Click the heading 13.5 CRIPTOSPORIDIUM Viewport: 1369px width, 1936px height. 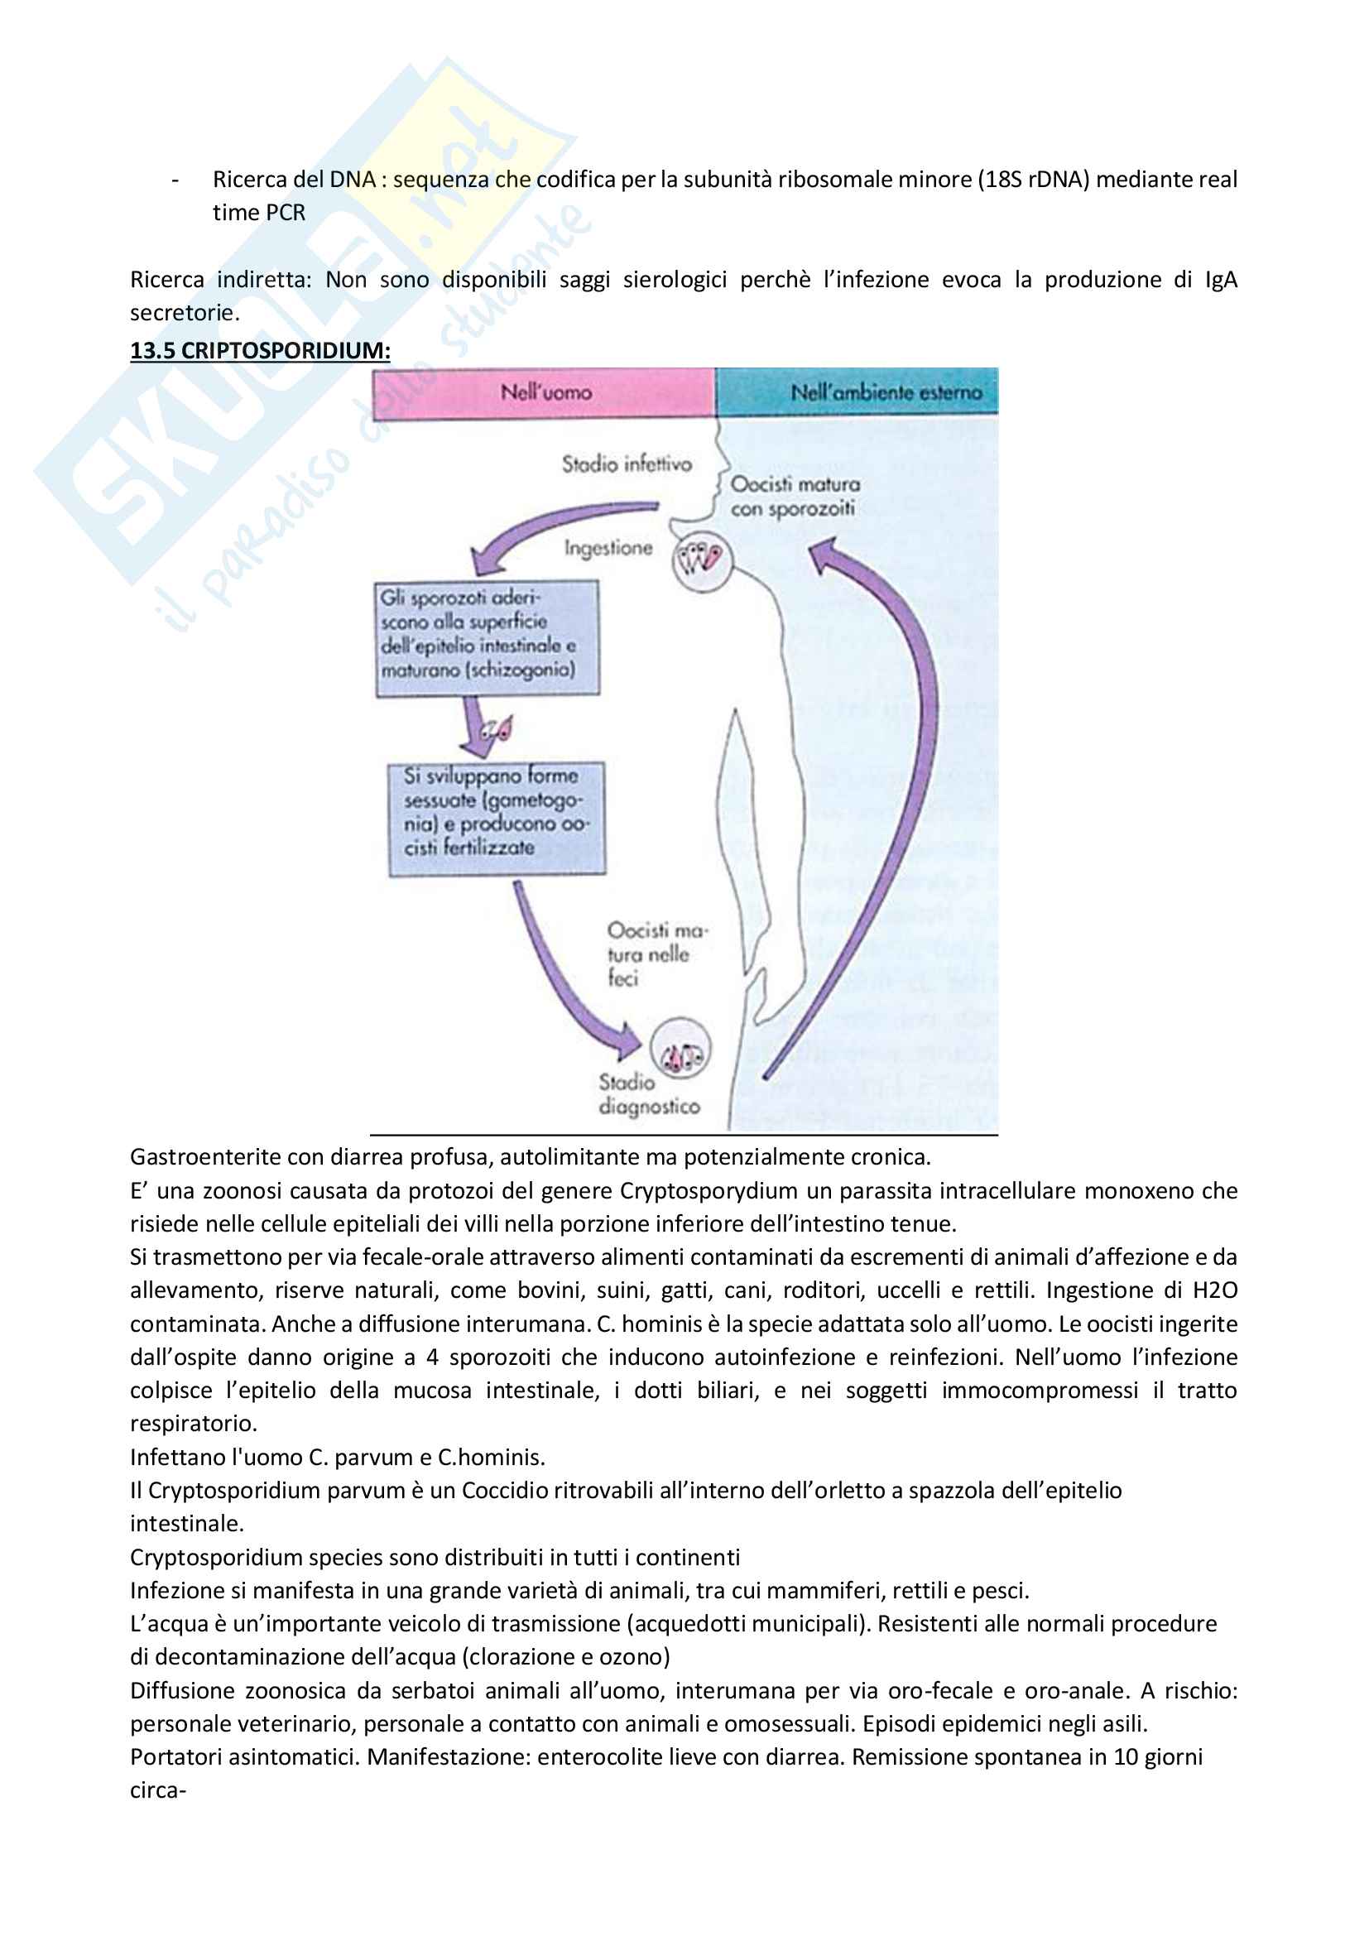(x=260, y=351)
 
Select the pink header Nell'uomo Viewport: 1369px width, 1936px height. (x=545, y=392)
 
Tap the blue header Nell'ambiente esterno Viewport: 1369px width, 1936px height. (x=885, y=392)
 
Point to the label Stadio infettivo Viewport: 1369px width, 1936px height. (x=627, y=464)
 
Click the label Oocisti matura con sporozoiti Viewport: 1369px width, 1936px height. (x=794, y=497)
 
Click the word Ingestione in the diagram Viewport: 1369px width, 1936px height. (x=608, y=548)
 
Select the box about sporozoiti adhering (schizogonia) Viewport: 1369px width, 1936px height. (x=487, y=637)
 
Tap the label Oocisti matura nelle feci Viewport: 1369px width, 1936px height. (x=655, y=954)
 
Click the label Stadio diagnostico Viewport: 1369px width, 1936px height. (x=648, y=1094)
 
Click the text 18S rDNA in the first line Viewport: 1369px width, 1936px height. (x=1034, y=180)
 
